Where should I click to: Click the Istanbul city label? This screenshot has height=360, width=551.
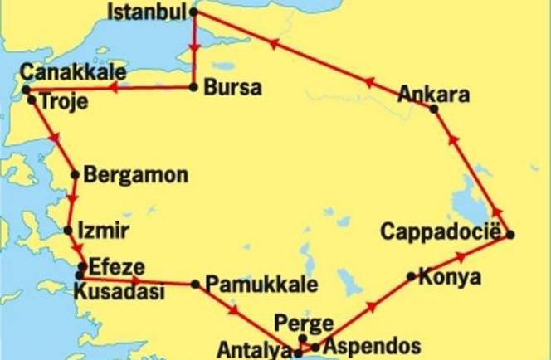(x=149, y=13)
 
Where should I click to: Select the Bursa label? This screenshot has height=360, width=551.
(x=232, y=87)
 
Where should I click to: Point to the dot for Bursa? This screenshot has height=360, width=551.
(x=194, y=86)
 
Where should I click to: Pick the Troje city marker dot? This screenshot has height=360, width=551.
(x=32, y=100)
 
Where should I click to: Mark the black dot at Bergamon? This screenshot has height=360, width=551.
(x=76, y=175)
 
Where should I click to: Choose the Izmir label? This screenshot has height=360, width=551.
(x=102, y=230)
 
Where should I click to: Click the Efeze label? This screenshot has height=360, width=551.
(x=117, y=268)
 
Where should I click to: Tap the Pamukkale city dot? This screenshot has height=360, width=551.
(x=195, y=285)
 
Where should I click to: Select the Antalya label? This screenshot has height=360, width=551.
(x=254, y=348)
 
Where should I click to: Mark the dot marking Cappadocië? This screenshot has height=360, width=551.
(x=510, y=235)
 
